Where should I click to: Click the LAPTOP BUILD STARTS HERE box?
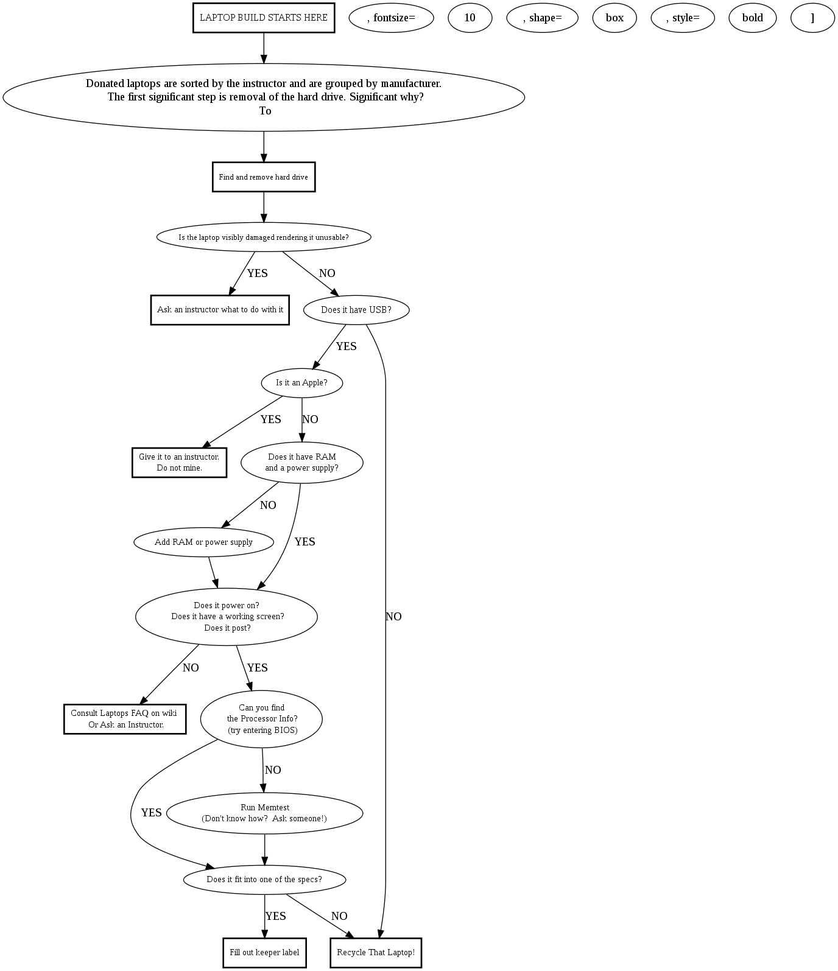coord(264,18)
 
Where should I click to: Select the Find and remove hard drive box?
coord(264,177)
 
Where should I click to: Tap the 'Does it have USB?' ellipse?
coord(356,310)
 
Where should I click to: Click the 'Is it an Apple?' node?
coord(302,383)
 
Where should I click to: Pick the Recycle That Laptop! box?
coord(376,953)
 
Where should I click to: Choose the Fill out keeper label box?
coord(264,953)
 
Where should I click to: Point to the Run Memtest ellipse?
coord(264,813)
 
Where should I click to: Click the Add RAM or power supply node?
coord(203,542)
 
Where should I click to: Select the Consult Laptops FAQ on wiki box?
coord(125,719)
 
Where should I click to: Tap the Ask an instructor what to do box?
coord(220,310)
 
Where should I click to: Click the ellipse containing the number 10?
coord(470,18)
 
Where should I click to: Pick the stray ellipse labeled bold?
coord(752,18)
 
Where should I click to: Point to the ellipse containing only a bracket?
coord(812,18)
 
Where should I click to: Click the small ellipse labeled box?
coord(614,18)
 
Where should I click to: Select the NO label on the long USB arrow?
coord(393,617)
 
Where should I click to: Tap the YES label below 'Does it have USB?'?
coord(346,346)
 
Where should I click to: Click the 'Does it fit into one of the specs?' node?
coord(264,880)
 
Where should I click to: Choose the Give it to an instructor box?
coord(179,463)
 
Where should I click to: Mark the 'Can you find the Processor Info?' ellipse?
coord(262,719)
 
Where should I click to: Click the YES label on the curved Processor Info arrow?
coord(151,813)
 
